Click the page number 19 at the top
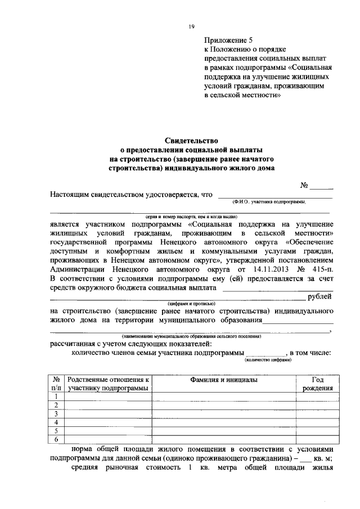pyautogui.click(x=191, y=27)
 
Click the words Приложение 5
pyautogui.click(x=229, y=40)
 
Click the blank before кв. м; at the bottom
pyautogui.click(x=305, y=459)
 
